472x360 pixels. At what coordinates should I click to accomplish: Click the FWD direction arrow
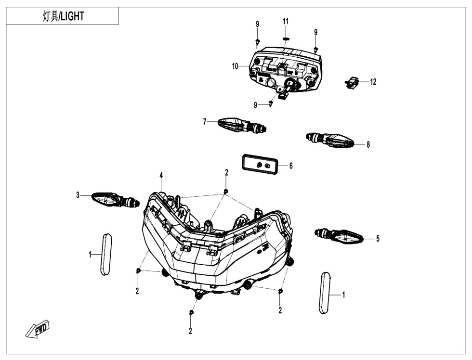pos(38,329)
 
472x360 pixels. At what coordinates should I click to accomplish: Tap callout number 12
pos(373,82)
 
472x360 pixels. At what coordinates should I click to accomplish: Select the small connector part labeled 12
pos(352,82)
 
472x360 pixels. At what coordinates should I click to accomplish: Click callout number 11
pos(285,21)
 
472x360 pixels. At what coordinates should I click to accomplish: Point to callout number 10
pos(235,66)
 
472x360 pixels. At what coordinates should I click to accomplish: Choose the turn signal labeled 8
pos(330,140)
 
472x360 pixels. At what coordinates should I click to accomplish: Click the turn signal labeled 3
pos(116,199)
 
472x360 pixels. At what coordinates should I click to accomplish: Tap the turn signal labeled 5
pos(339,236)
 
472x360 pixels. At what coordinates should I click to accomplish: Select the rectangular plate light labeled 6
pos(259,165)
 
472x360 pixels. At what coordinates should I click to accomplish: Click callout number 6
pos(291,166)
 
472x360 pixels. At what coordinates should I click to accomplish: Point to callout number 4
pos(161,175)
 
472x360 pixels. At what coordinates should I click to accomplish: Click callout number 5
pos(378,239)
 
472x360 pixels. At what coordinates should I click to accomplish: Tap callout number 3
pos(78,195)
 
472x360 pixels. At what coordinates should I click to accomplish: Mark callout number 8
pos(368,145)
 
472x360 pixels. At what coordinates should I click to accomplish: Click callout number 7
pos(205,122)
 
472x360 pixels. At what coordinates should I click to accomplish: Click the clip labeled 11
pos(286,39)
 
